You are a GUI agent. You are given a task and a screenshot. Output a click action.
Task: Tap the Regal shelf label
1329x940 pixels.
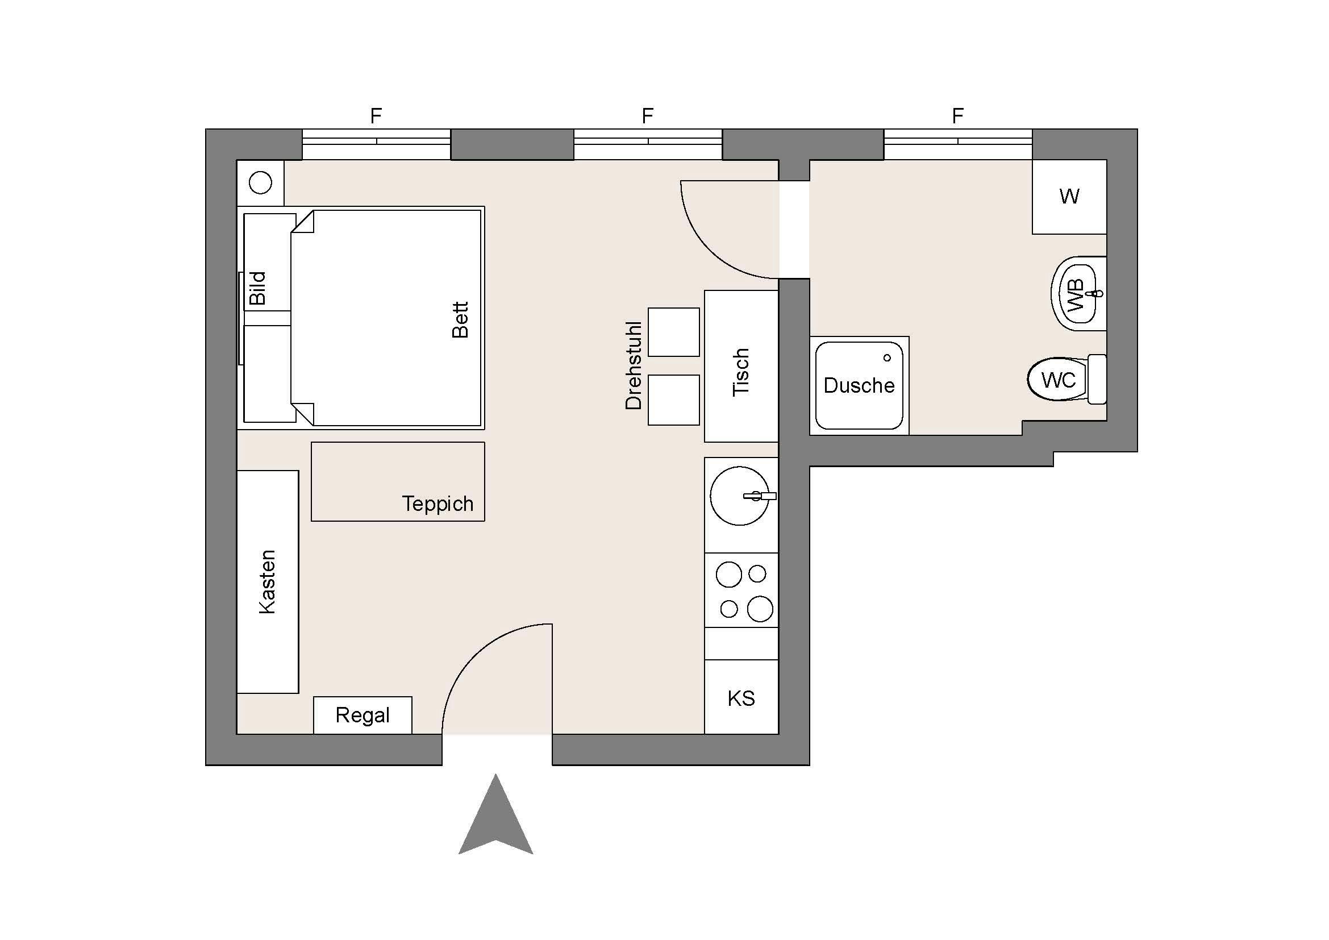(x=363, y=716)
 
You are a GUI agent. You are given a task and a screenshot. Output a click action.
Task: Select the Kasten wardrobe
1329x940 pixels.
(x=268, y=582)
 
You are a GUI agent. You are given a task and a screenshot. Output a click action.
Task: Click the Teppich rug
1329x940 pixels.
(x=398, y=481)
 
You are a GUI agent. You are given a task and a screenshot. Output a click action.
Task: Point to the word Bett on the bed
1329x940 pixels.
(x=460, y=319)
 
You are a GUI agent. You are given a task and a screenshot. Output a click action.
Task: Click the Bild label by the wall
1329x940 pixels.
(x=257, y=288)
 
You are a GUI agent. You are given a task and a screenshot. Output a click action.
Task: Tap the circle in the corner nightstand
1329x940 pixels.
(x=260, y=183)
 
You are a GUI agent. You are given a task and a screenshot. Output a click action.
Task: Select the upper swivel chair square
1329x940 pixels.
(x=673, y=332)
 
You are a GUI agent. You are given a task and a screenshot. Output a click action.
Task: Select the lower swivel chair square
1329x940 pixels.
(x=673, y=400)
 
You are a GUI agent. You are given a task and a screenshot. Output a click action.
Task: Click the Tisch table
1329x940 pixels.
(x=741, y=366)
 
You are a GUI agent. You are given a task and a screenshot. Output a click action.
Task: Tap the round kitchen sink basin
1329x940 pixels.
(x=739, y=496)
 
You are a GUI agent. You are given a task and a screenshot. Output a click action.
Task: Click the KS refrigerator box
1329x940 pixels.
(x=741, y=698)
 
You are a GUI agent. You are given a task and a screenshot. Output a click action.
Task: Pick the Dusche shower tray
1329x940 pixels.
(x=859, y=385)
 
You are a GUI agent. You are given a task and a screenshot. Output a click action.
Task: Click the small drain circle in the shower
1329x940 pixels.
(x=887, y=357)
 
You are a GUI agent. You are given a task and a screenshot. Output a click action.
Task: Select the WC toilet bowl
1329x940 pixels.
(x=1057, y=380)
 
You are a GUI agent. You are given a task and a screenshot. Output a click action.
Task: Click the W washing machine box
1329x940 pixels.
(x=1069, y=197)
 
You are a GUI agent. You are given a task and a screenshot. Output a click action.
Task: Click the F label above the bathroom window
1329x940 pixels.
(x=957, y=117)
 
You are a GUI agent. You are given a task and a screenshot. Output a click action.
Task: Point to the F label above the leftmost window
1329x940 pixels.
(x=376, y=117)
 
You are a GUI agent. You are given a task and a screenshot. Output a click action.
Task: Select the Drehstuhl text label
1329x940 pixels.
(x=634, y=366)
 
